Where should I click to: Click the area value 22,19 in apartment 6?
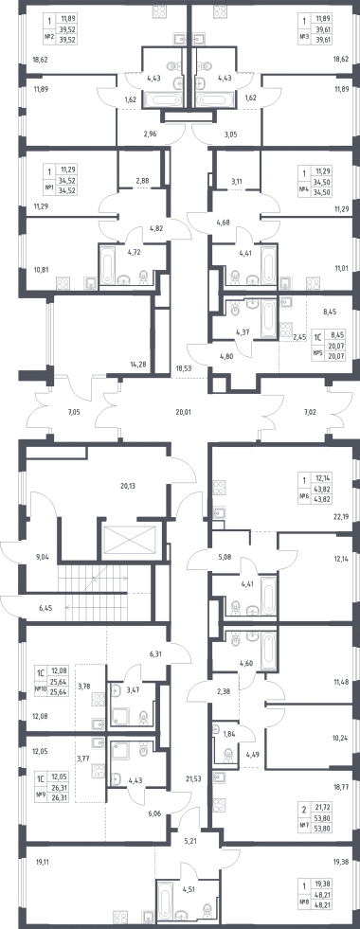[342, 516]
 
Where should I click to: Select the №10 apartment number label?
[41, 688]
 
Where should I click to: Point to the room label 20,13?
[128, 487]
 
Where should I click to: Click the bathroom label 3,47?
[134, 689]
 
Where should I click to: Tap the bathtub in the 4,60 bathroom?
[268, 650]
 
